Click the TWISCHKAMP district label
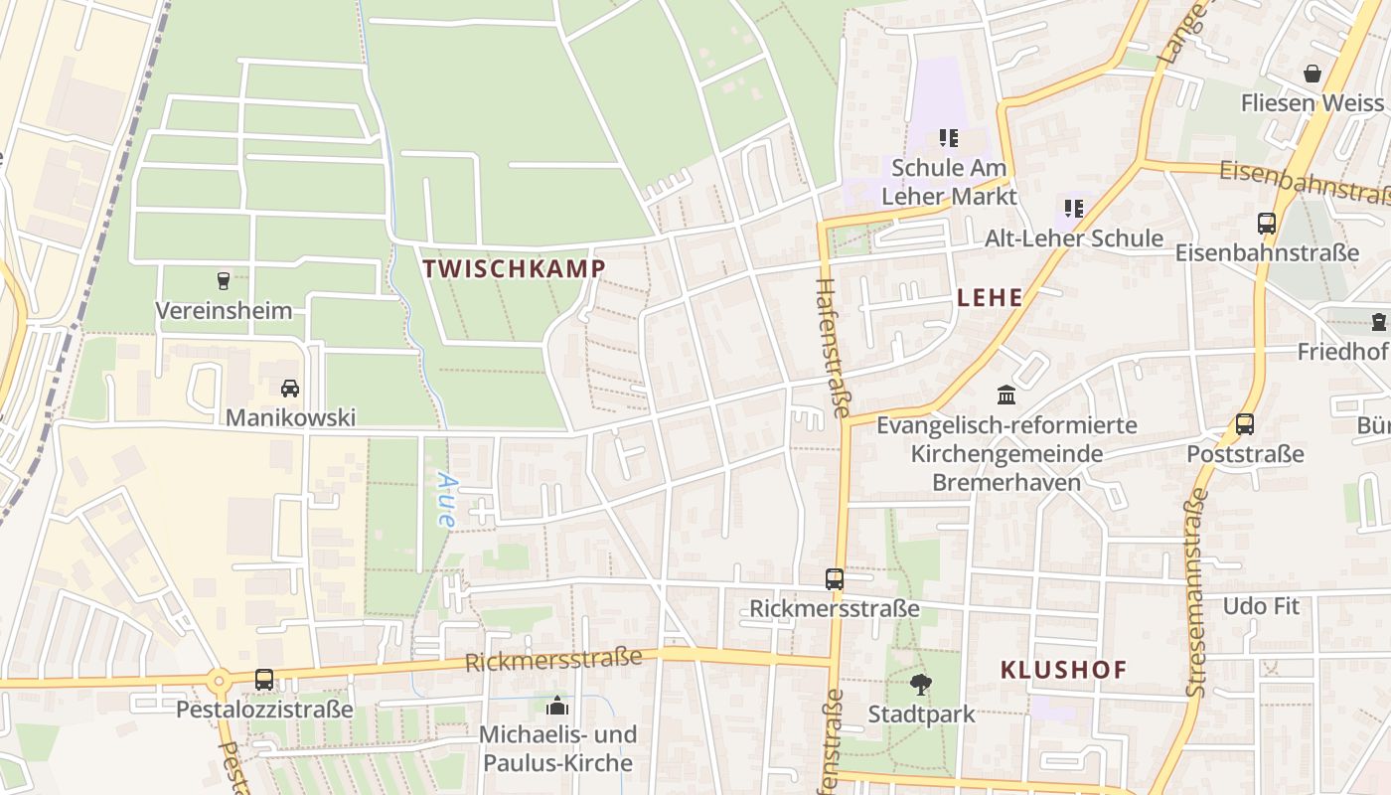click(514, 268)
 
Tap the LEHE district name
click(990, 297)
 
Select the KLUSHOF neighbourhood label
click(1063, 670)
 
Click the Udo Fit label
click(1261, 606)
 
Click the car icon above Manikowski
click(290, 388)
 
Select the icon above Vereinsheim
click(223, 281)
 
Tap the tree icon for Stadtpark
click(921, 684)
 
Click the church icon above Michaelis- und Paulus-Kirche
click(556, 706)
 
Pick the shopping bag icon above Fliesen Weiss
click(1312, 74)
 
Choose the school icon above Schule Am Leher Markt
click(949, 138)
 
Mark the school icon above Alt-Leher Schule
click(1073, 209)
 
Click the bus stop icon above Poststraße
click(1245, 424)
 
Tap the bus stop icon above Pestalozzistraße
click(264, 680)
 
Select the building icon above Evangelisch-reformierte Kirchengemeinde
click(1006, 396)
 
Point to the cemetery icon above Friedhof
click(1378, 322)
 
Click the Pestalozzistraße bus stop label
click(264, 710)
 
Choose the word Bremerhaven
click(1005, 483)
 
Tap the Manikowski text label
click(290, 417)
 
